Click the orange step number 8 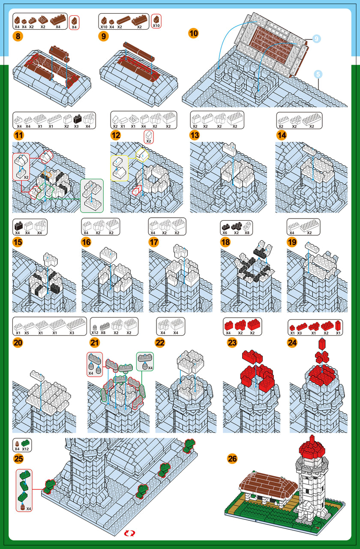pyautogui.click(x=18, y=36)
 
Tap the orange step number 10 pyautogui.click(x=193, y=33)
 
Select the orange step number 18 pyautogui.click(x=225, y=242)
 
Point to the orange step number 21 pyautogui.click(x=95, y=342)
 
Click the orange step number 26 pyautogui.click(x=232, y=458)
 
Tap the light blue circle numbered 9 pyautogui.click(x=316, y=39)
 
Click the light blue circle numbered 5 pyautogui.click(x=318, y=74)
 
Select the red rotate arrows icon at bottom pyautogui.click(x=129, y=533)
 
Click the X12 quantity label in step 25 pyautogui.click(x=25, y=449)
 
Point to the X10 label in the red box pyautogui.click(x=156, y=26)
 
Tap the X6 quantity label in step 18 pyautogui.click(x=225, y=233)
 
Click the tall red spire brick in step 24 pyautogui.click(x=322, y=343)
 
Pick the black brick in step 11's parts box pyautogui.click(x=78, y=119)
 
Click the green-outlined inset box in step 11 pyautogui.click(x=92, y=196)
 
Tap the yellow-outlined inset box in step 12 pyautogui.click(x=119, y=168)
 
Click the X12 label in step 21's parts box pyautogui.click(x=95, y=333)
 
